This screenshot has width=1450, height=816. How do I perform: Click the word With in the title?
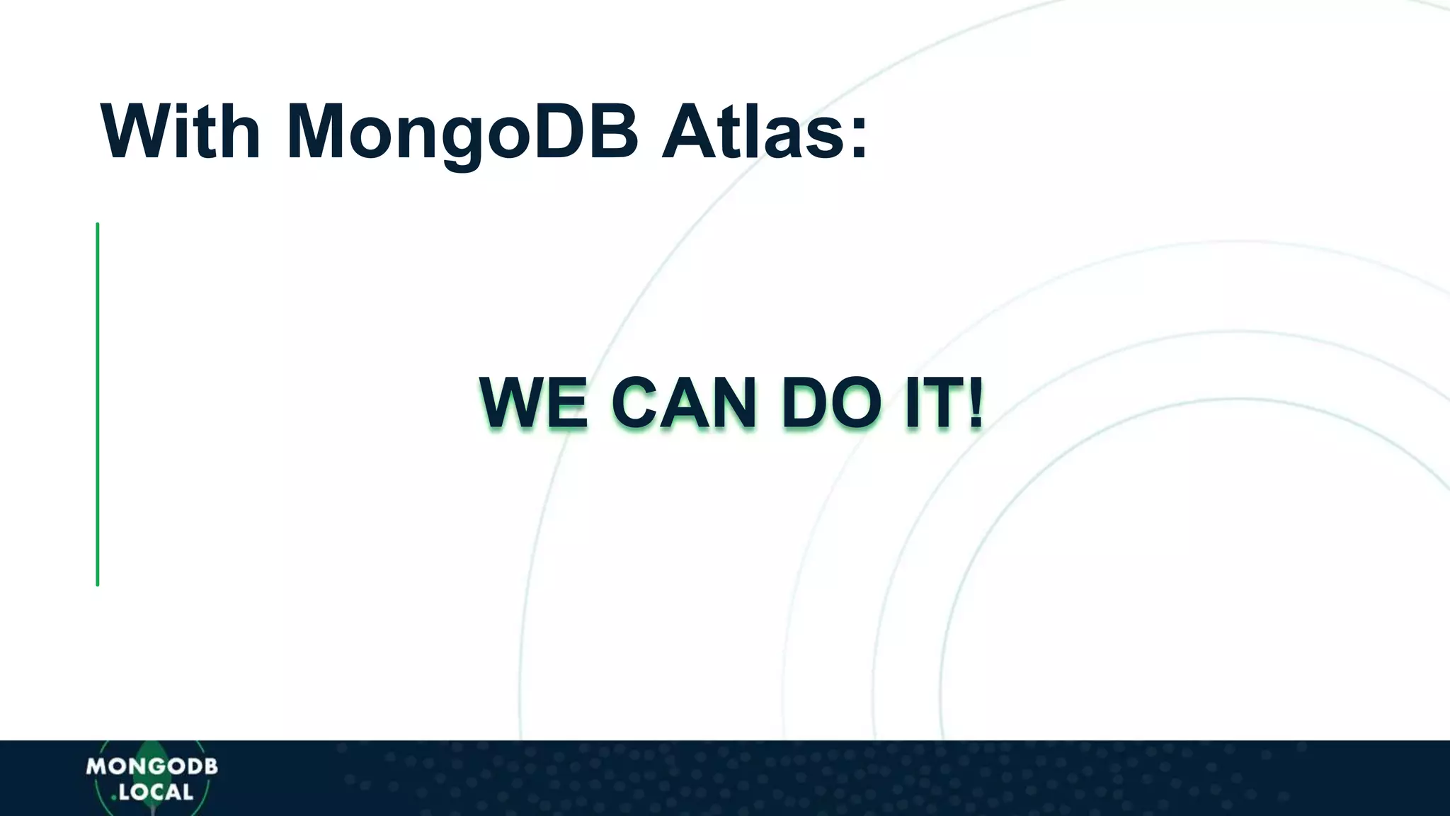point(181,132)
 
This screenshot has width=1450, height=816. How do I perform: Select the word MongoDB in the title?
point(462,133)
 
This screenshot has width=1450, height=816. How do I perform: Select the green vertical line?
point(98,404)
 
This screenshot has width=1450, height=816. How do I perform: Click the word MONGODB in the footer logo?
point(152,766)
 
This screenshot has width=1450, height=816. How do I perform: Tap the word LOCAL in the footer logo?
point(156,792)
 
